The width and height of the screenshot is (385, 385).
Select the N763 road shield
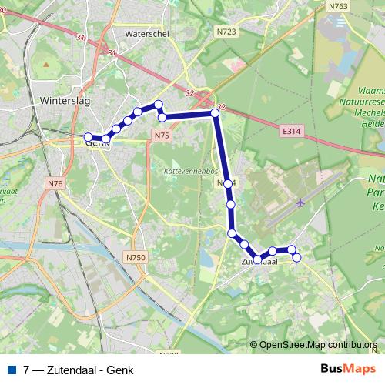tap(338, 6)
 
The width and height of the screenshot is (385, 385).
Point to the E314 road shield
tap(291, 132)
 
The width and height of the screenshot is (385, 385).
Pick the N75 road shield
tap(161, 136)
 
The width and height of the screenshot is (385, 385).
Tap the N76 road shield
tap(55, 183)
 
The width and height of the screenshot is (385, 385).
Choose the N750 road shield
tap(136, 256)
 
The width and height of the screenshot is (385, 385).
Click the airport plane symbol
tap(300, 203)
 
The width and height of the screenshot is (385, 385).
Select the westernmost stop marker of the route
tap(89, 137)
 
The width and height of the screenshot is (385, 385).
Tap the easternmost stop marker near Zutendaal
tap(297, 257)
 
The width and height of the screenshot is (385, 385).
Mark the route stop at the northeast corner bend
tap(216, 113)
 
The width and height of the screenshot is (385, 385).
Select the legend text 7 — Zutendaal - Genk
tap(73, 370)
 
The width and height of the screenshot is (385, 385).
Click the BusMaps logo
tap(347, 370)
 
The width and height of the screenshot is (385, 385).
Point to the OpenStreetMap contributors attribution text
tap(317, 345)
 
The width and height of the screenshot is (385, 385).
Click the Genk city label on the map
tap(98, 142)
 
